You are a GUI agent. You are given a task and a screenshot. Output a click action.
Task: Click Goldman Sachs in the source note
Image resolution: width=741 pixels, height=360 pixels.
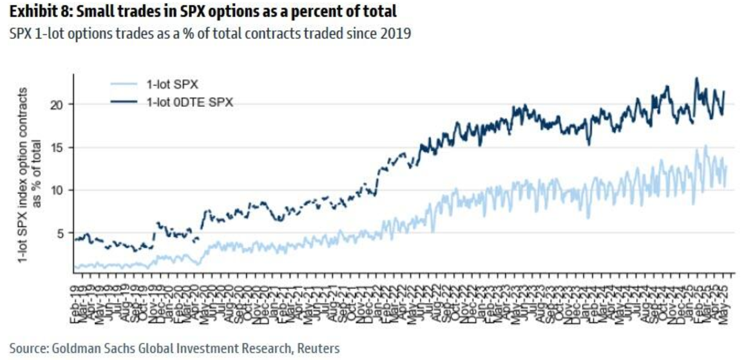[86, 348]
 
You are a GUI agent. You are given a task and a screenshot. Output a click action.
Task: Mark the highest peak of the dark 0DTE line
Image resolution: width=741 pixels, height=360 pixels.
[696, 78]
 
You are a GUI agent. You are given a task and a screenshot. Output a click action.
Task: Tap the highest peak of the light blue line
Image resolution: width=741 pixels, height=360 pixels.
[705, 146]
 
